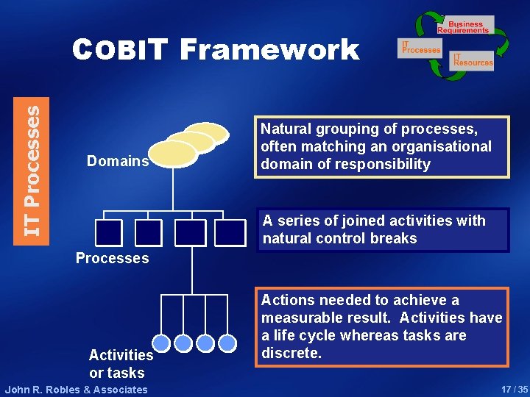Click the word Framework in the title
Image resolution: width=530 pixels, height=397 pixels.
(269, 50)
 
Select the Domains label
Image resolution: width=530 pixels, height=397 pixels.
(118, 160)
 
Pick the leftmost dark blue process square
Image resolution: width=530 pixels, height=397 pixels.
(109, 232)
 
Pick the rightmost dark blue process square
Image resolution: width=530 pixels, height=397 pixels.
(230, 232)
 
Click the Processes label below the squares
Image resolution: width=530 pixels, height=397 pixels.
(113, 258)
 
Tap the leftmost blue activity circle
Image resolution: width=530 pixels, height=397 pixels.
(162, 343)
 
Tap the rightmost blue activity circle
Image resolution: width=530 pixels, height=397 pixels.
(227, 343)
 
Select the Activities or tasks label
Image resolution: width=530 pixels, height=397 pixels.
(121, 363)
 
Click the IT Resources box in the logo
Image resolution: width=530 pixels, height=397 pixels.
(472, 60)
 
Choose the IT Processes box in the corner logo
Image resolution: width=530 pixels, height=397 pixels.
(420, 48)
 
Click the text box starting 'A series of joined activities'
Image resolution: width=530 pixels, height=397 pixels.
(383, 229)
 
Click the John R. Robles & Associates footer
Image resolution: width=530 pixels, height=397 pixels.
(77, 390)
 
